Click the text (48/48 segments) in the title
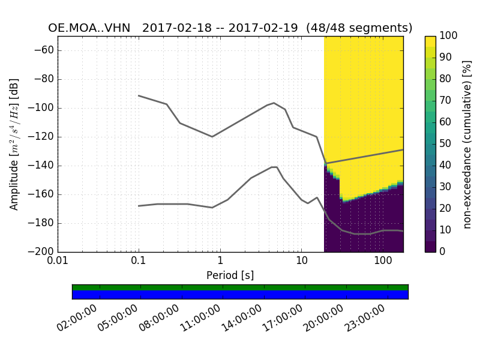point(359,28)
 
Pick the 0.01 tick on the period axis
point(58,262)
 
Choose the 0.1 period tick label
point(139,262)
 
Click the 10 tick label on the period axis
point(301,262)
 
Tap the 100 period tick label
point(382,262)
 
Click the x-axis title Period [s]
point(230,275)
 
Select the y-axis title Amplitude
point(14,144)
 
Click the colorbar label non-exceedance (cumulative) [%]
point(468,144)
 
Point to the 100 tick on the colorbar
point(449,36)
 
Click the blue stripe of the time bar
point(240,295)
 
